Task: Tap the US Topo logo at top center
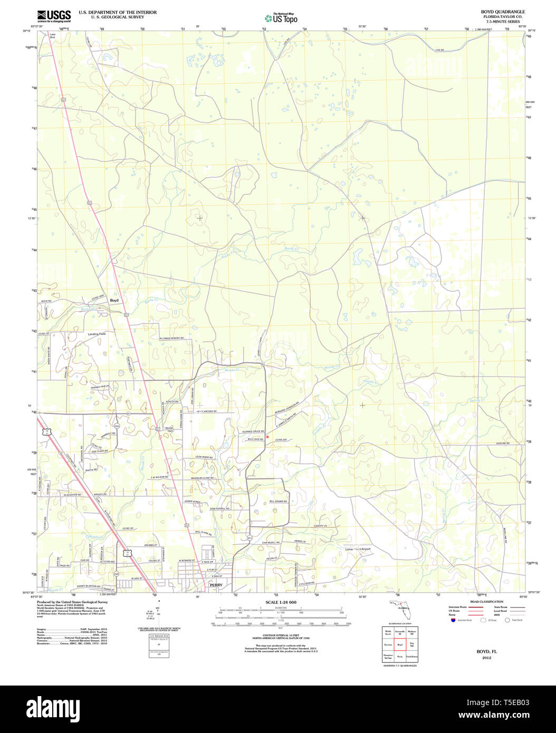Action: pos(281,17)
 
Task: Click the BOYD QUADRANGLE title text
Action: pos(495,12)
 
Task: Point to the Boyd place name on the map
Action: pos(114,300)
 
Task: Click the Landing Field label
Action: pos(97,334)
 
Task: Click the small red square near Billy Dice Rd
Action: pos(267,437)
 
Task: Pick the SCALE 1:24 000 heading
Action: pos(281,602)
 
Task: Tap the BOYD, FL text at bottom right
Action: pos(486,652)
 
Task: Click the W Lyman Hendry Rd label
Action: pos(175,338)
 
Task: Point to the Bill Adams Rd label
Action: pos(278,501)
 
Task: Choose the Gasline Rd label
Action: pos(502,443)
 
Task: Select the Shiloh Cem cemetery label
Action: pos(170,429)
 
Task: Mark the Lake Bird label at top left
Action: pos(52,36)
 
